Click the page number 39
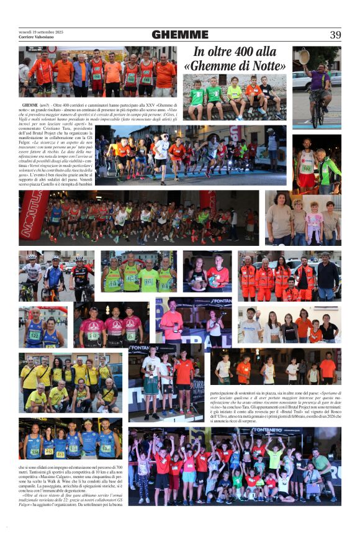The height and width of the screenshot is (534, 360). point(335,35)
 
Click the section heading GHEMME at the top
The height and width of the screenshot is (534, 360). point(180,35)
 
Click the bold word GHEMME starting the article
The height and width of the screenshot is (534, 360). point(30,107)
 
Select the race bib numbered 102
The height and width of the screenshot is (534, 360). point(307,168)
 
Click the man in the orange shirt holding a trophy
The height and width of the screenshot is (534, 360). point(172,323)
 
